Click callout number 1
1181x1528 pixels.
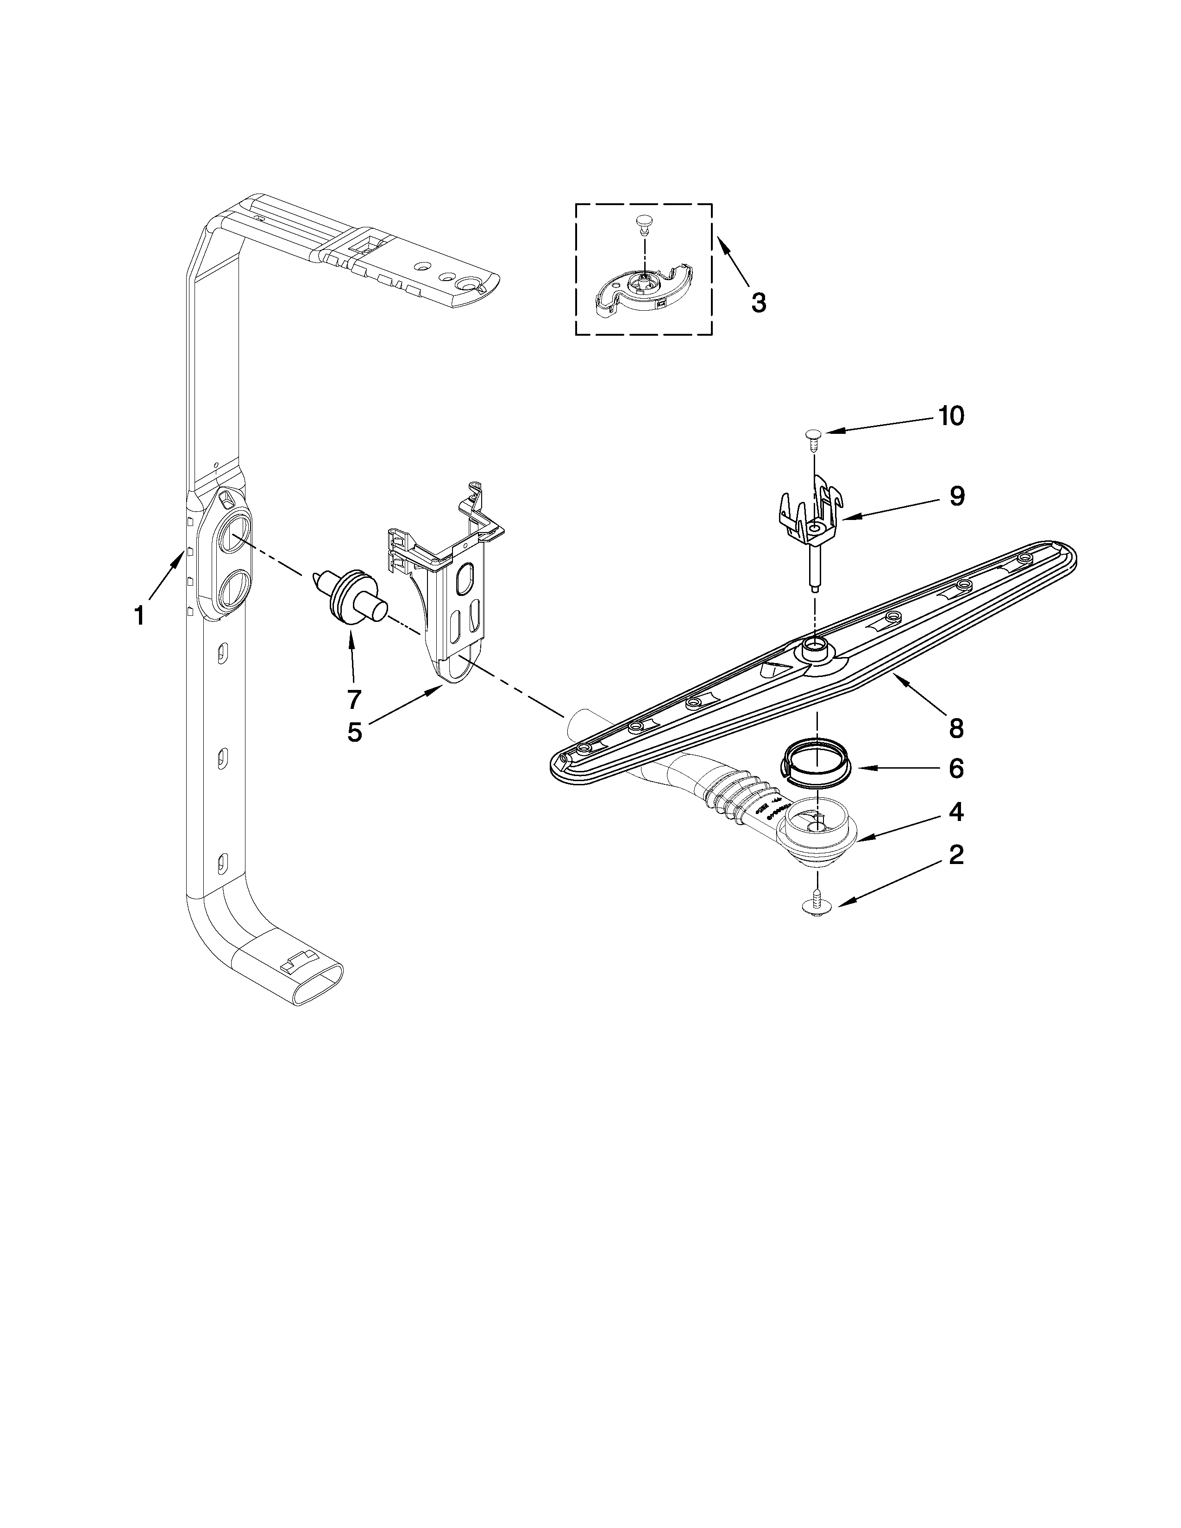pos(139,616)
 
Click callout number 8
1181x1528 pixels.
pos(956,728)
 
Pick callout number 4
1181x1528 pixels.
pos(956,812)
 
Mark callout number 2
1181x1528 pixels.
pos(956,855)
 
